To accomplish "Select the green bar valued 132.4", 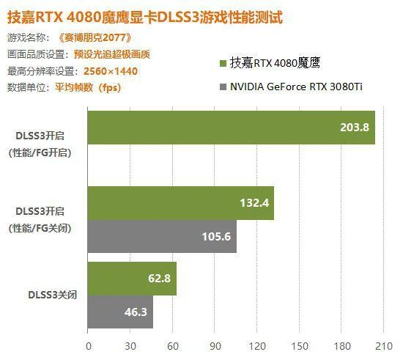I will (x=180, y=203).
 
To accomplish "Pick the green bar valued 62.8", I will (x=132, y=279).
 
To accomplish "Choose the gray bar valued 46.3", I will (x=120, y=312).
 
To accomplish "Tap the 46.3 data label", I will (x=136, y=312).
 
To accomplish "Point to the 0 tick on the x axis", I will (x=89, y=345).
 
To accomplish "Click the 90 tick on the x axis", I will (x=215, y=345).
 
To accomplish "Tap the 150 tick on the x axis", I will (x=300, y=345).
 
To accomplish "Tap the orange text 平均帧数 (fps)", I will (x=87, y=87).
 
